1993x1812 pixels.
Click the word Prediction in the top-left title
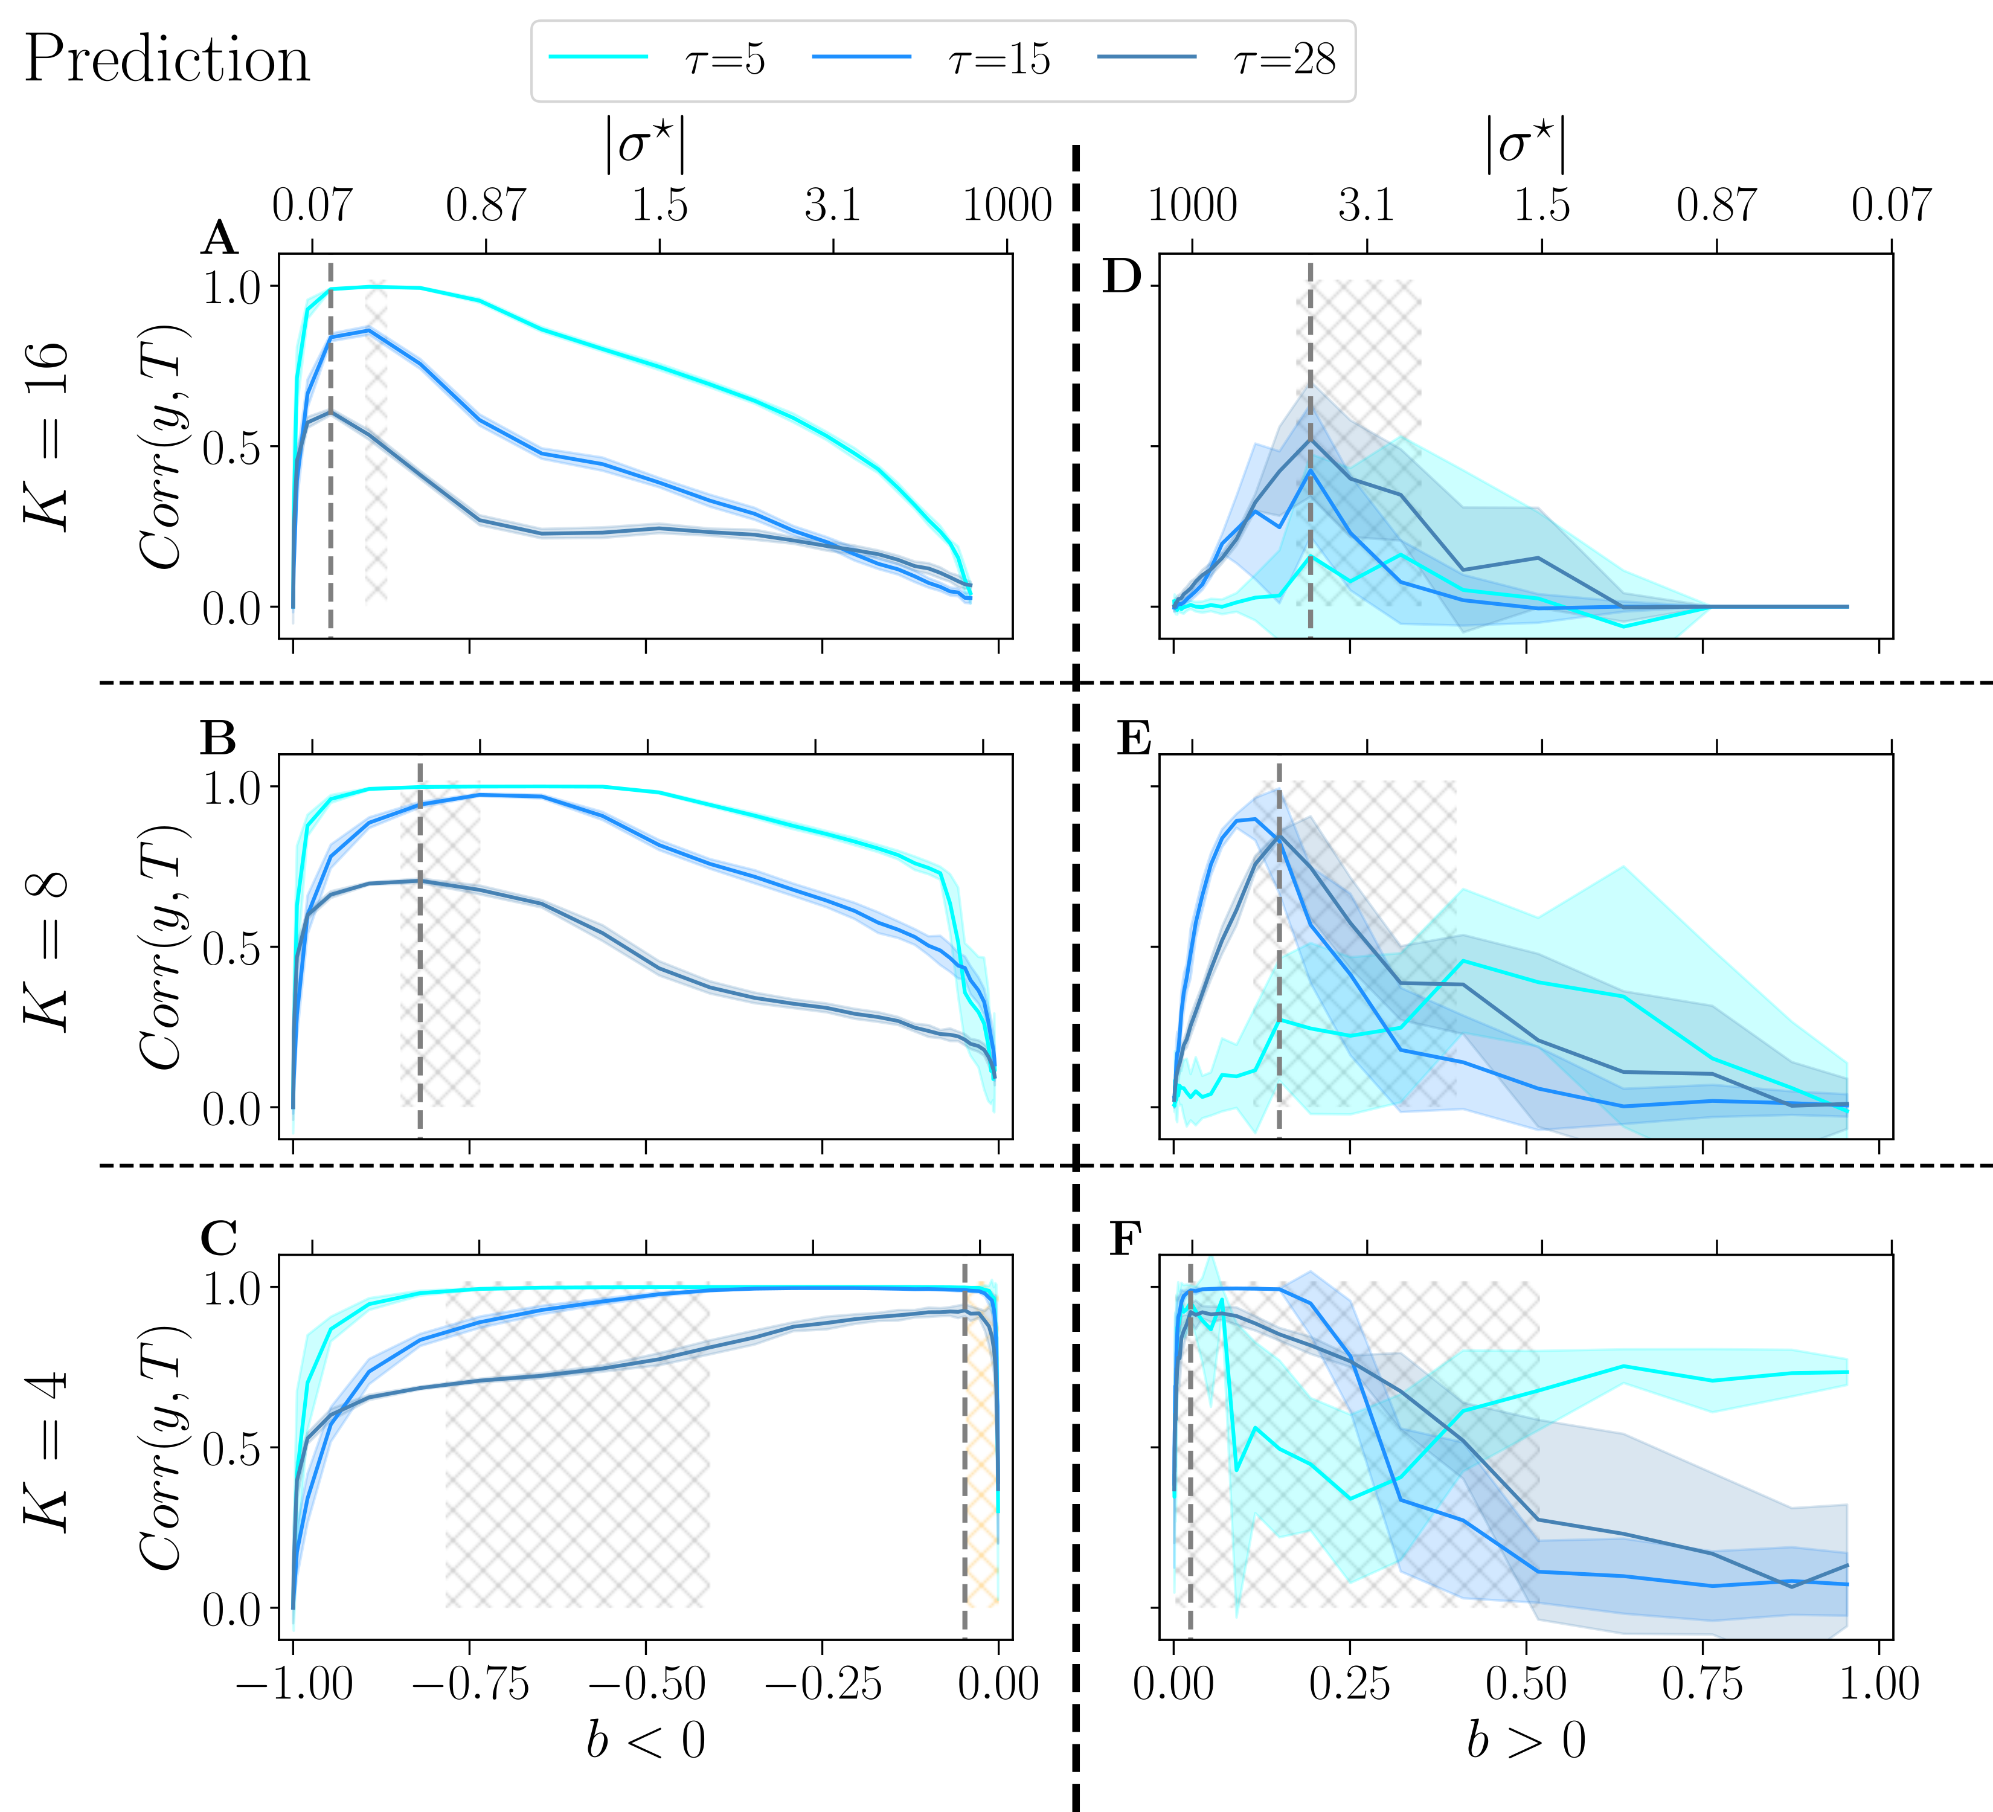[166, 59]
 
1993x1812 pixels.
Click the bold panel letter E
[1134, 739]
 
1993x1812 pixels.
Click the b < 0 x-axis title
[646, 1740]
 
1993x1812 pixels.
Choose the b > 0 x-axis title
[1526, 1740]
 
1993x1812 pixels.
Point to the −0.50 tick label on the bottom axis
[646, 1683]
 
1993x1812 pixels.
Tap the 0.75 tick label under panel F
[1703, 1683]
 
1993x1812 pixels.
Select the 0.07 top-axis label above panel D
[1890, 205]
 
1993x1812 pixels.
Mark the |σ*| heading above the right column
[1526, 146]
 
